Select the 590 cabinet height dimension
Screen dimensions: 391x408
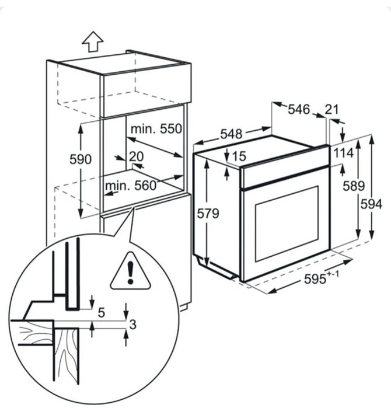[x=81, y=159]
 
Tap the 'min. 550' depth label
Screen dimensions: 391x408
[x=156, y=129]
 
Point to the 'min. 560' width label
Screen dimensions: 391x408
[x=131, y=186]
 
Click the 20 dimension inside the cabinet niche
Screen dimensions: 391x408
[x=137, y=156]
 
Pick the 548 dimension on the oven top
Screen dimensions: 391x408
[x=231, y=134]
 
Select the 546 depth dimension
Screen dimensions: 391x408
[x=299, y=109]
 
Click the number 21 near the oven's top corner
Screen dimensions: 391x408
[x=332, y=110]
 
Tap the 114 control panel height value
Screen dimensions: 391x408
[x=343, y=153]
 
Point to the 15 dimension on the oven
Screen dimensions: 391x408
[x=239, y=156]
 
